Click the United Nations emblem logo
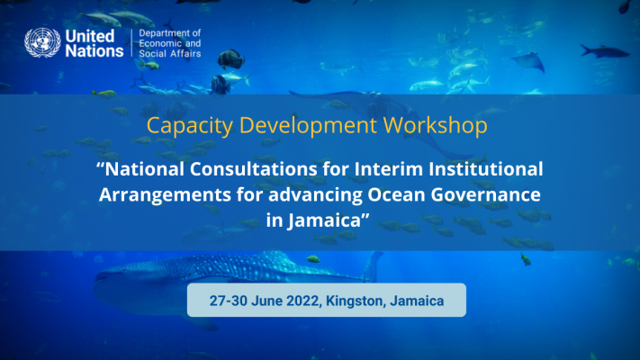pyautogui.click(x=42, y=42)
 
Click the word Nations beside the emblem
pyautogui.click(x=95, y=51)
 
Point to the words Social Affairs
pyautogui.click(x=170, y=53)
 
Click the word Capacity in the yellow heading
pyautogui.click(x=190, y=125)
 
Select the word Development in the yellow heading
pyautogui.click(x=308, y=125)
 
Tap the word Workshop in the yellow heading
pyautogui.click(x=435, y=125)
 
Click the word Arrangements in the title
pyautogui.click(x=166, y=194)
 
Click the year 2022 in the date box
pyautogui.click(x=302, y=301)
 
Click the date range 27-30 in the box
pyautogui.click(x=229, y=301)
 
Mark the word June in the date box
pyautogui.click(x=267, y=301)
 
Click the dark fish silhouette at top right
pyautogui.click(x=605, y=51)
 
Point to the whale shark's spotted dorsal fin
pyautogui.click(x=372, y=265)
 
